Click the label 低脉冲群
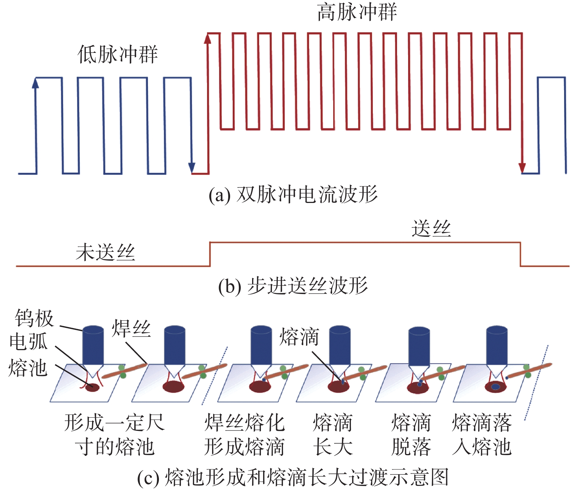(x=117, y=54)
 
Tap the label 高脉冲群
(x=357, y=12)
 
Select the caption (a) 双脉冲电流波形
(x=293, y=195)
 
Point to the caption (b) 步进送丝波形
(x=293, y=286)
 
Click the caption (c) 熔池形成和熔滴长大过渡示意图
(x=293, y=477)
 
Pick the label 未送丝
(x=105, y=253)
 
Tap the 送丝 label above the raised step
(x=431, y=229)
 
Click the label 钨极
(x=34, y=318)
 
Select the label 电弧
(x=29, y=342)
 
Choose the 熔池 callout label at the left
(x=28, y=367)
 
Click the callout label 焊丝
(x=131, y=328)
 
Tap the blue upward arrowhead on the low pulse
(x=36, y=83)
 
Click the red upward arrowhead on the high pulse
(x=208, y=38)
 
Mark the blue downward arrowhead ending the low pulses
(x=192, y=168)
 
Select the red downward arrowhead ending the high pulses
(x=522, y=168)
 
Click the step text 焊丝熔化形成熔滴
(x=244, y=435)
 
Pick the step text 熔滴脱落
(x=411, y=435)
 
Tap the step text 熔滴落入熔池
(x=482, y=435)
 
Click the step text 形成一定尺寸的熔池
(x=114, y=435)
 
